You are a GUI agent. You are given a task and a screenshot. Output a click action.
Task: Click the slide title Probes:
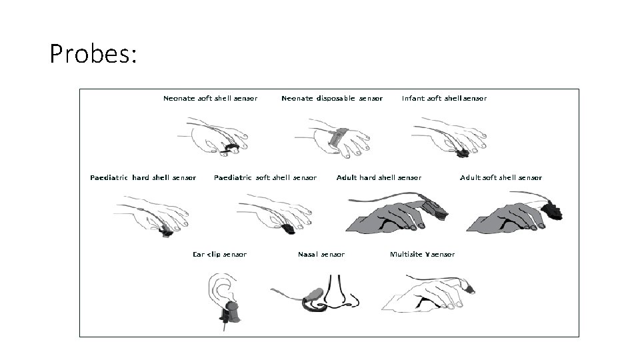(x=93, y=53)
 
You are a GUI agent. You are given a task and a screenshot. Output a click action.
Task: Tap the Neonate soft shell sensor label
(x=210, y=99)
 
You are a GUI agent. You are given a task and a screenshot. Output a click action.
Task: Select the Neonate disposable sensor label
(x=332, y=99)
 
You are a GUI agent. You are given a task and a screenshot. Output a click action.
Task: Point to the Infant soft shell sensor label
(x=444, y=99)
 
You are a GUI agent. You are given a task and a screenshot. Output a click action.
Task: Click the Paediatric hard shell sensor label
(x=143, y=177)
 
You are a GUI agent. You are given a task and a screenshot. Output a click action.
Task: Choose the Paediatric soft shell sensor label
(x=265, y=177)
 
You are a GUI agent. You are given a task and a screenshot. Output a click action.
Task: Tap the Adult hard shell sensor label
(x=379, y=177)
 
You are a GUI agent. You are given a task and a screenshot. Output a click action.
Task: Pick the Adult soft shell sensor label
(x=501, y=177)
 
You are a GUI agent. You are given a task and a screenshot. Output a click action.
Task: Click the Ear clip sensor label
(x=219, y=254)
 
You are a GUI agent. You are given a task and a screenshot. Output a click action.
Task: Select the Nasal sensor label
(x=321, y=254)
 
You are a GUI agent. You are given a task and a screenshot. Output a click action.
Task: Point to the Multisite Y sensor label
(x=422, y=254)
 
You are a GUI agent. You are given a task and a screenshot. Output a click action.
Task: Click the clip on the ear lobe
(x=230, y=313)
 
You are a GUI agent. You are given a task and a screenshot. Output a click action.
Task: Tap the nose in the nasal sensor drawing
(x=336, y=293)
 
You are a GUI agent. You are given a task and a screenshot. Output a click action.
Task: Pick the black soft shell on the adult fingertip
(x=553, y=209)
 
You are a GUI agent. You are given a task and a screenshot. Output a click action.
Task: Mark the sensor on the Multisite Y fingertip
(x=469, y=289)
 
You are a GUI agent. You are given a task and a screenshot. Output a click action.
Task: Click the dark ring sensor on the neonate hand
(x=230, y=148)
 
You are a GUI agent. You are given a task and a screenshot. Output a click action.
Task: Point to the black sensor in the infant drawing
(x=463, y=153)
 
